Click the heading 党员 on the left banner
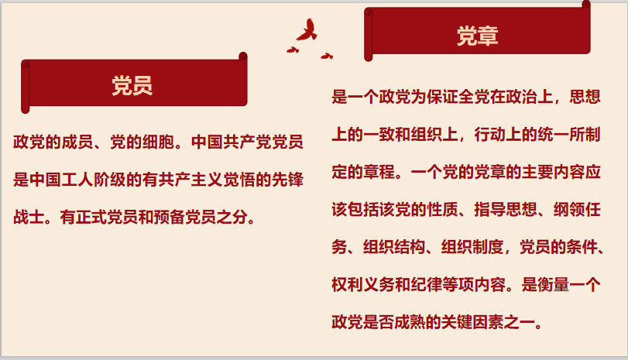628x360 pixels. pos(132,85)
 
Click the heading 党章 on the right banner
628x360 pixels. pos(478,36)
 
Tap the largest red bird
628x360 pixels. pos(307,29)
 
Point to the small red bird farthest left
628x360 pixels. pos(293,50)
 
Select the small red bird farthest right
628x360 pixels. pos(327,56)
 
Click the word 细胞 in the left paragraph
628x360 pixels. pos(158,142)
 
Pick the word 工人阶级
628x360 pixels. pos(94,180)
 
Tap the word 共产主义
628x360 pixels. pos(190,180)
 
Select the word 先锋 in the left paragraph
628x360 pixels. pos(287,180)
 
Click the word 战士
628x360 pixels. pos(29,217)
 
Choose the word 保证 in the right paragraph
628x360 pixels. pos(443,97)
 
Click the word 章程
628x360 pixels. pos(379,172)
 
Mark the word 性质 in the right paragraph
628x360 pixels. pos(443,210)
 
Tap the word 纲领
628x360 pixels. pos(569,210)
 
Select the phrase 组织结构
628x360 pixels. pos(394,247)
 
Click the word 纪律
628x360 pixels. pos(427,285)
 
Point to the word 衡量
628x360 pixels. pos(553,285)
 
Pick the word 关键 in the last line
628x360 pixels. pos(457,322)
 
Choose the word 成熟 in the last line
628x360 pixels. pos(410,322)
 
